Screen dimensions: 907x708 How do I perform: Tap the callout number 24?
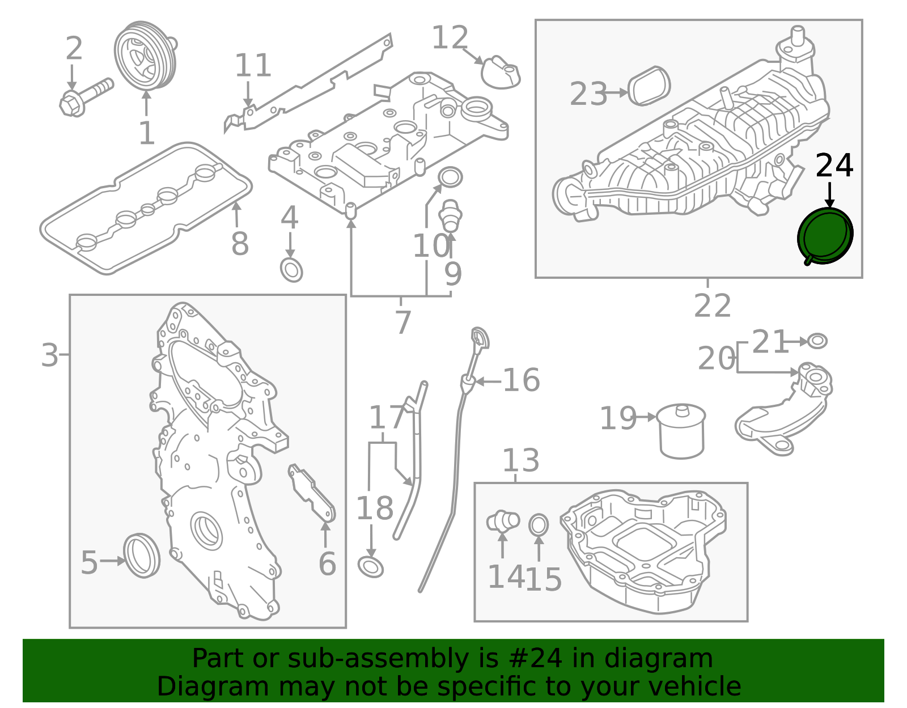[x=834, y=166]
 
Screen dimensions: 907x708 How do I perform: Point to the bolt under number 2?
[x=86, y=97]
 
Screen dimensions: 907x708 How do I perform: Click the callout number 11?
[x=253, y=65]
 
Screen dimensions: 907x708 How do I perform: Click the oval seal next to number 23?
[x=649, y=86]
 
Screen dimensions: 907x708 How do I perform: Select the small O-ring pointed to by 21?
[x=817, y=341]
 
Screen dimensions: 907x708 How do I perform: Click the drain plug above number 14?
[x=503, y=521]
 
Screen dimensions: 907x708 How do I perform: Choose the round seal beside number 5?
[x=142, y=556]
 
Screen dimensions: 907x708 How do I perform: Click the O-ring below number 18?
[x=371, y=567]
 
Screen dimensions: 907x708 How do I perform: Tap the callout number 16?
[x=522, y=380]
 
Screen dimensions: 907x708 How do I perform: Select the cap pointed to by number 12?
[x=501, y=72]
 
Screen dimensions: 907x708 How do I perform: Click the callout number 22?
[x=713, y=306]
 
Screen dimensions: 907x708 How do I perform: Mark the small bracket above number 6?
[x=311, y=493]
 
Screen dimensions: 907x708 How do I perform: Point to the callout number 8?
[x=240, y=244]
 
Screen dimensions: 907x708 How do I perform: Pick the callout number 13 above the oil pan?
[x=521, y=461]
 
